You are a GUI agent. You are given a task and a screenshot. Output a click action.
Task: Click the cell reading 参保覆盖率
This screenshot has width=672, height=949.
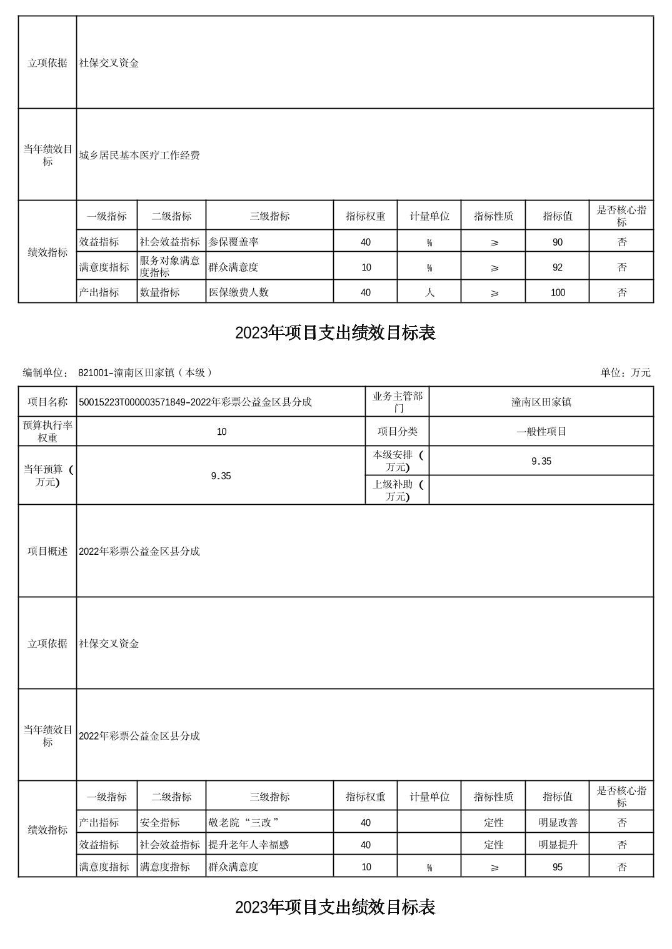(x=233, y=242)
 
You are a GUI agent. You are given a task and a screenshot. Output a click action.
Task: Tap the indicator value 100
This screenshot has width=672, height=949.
(x=557, y=292)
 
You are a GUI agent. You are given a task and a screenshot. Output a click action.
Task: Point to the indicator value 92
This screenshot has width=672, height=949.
(x=557, y=267)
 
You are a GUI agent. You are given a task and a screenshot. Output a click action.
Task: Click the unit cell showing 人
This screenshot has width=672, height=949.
(x=429, y=292)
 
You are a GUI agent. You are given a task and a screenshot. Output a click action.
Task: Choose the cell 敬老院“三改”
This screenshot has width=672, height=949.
(x=243, y=823)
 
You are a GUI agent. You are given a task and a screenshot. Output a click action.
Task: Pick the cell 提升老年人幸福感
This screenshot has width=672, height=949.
(x=248, y=845)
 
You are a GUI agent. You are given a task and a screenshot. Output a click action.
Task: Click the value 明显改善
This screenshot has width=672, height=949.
(x=557, y=823)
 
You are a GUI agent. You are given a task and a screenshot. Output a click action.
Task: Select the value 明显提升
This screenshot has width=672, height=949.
(x=557, y=845)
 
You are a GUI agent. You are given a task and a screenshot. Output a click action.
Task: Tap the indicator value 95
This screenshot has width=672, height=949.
(x=557, y=867)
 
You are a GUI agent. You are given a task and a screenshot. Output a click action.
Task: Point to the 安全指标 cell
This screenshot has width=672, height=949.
(x=159, y=823)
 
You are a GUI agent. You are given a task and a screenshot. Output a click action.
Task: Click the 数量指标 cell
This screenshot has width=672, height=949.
(x=159, y=292)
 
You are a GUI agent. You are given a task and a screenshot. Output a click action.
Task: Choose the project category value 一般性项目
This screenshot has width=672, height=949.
(x=541, y=432)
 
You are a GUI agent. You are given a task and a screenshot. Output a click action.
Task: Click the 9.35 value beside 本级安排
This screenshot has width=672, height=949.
(x=541, y=461)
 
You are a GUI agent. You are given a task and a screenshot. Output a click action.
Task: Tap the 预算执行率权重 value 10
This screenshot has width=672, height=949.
(x=221, y=432)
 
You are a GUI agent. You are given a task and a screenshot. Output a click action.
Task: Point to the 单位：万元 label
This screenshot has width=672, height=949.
(x=625, y=373)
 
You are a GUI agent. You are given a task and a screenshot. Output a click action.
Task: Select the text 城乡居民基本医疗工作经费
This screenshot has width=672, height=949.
(x=139, y=156)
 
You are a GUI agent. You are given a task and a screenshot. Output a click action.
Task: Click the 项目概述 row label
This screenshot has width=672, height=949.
(x=48, y=551)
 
